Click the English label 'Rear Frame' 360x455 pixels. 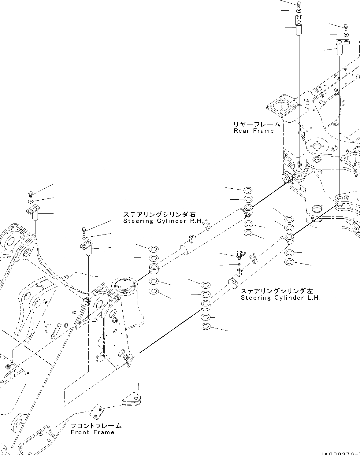point(254,131)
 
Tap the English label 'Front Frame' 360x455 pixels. point(92,432)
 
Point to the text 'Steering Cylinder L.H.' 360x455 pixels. point(280,298)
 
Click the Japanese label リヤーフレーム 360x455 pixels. point(257,124)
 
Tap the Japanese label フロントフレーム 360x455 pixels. point(96,426)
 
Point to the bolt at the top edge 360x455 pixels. point(299,4)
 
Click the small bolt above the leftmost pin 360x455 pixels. point(30,193)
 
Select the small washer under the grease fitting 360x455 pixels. point(239,264)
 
